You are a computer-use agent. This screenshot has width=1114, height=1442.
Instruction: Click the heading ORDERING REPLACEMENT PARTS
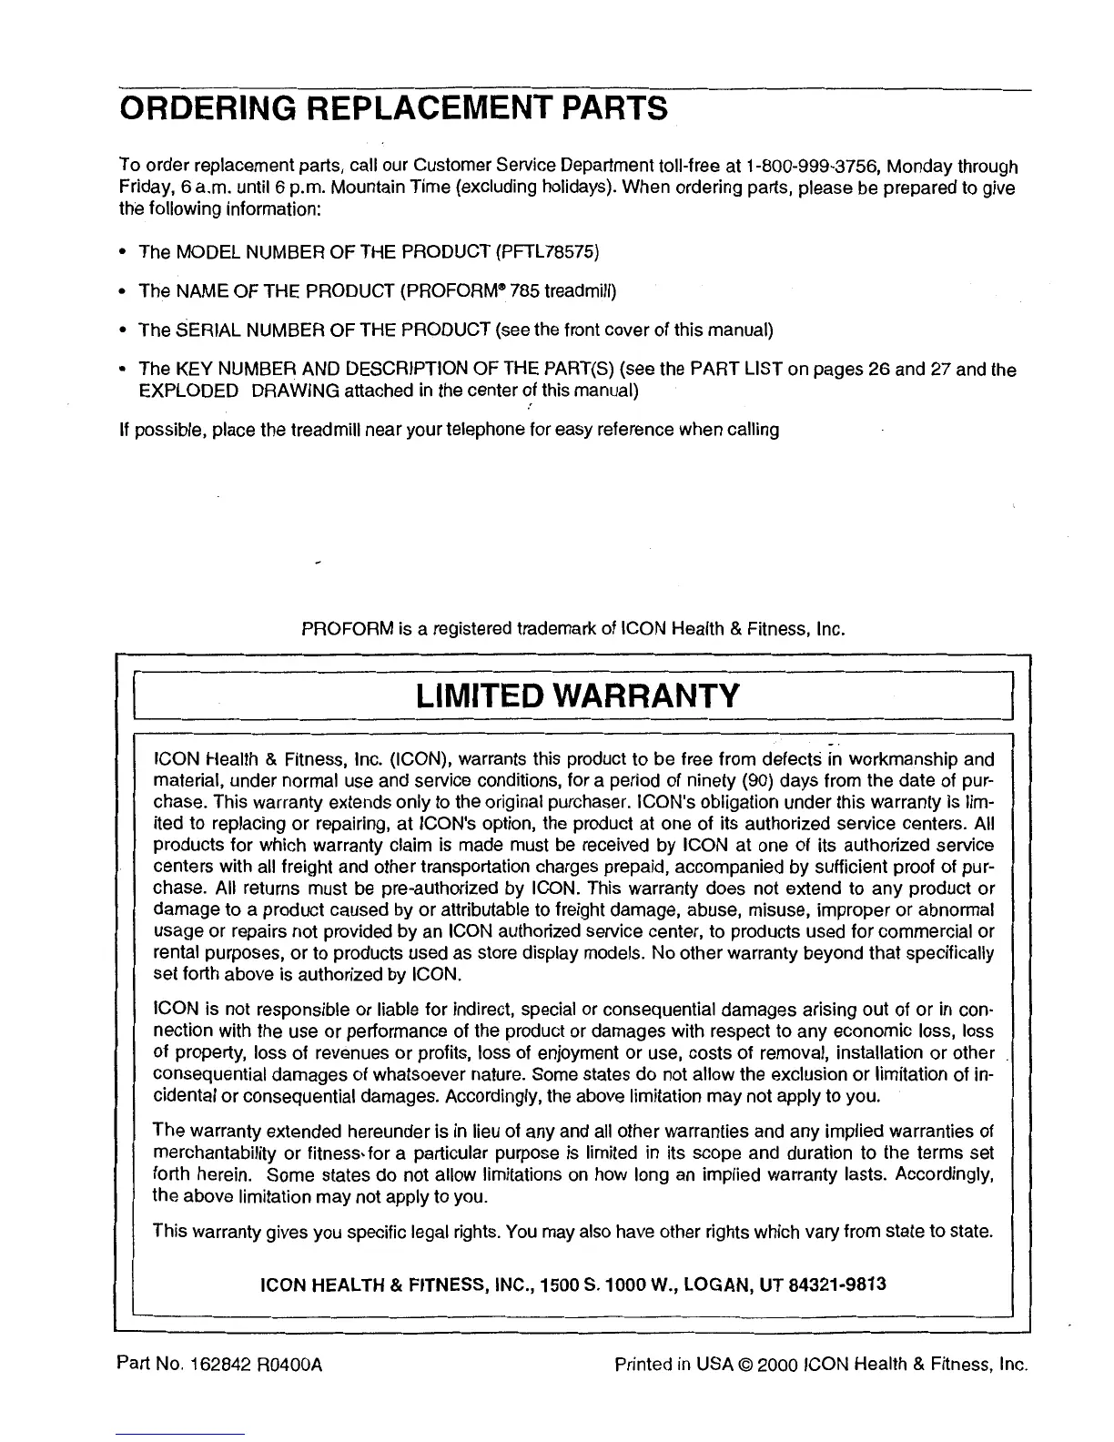[x=393, y=110]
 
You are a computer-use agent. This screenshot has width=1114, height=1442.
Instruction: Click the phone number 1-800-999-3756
[x=815, y=167]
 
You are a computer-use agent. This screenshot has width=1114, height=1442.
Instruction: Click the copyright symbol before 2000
[x=745, y=1365]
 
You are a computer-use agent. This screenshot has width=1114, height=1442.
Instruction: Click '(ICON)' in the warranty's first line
[x=420, y=759]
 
